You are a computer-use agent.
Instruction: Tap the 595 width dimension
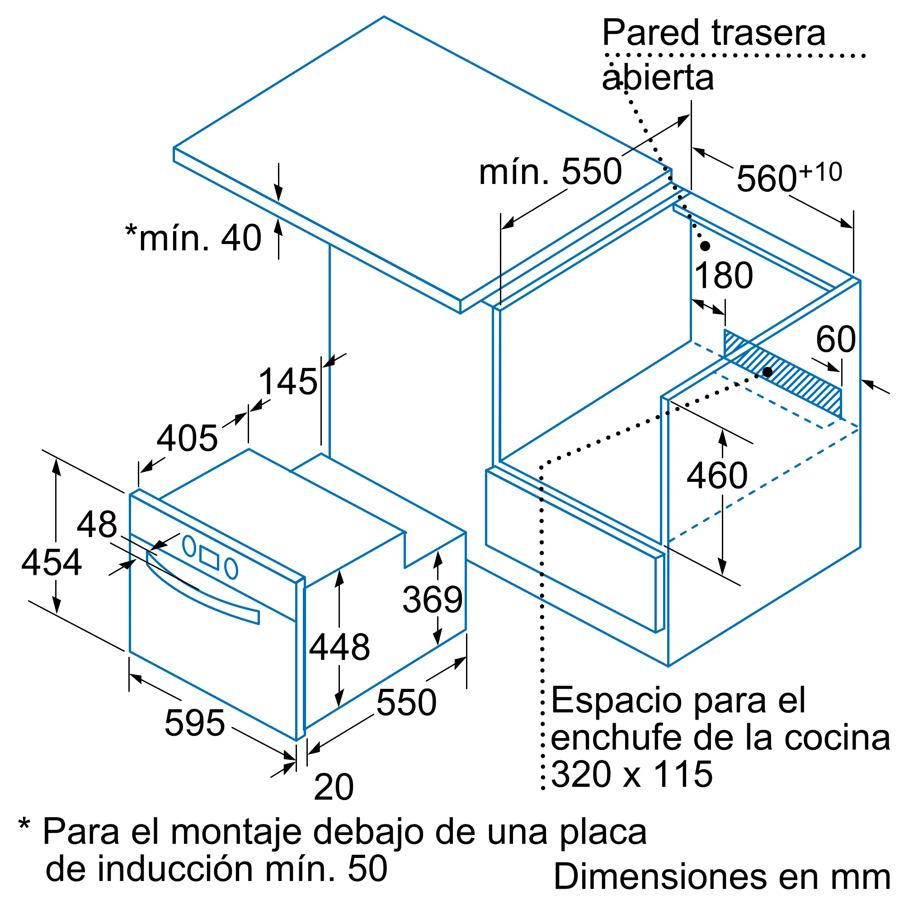(x=195, y=723)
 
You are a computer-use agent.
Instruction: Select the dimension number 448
(x=340, y=647)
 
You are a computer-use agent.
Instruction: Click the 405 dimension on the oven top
(x=187, y=438)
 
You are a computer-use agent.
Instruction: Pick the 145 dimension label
(x=288, y=381)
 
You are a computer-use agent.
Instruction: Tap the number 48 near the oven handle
(x=97, y=524)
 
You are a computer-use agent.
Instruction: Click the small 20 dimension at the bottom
(x=334, y=787)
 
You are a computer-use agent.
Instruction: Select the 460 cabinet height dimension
(x=717, y=476)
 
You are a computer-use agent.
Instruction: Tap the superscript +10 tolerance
(x=821, y=172)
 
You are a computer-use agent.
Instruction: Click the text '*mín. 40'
(x=193, y=238)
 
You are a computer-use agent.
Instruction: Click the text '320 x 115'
(x=632, y=774)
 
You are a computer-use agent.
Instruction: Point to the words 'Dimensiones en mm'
(x=722, y=876)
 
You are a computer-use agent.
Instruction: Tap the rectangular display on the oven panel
(x=209, y=557)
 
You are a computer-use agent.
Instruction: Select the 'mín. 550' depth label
(x=550, y=172)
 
